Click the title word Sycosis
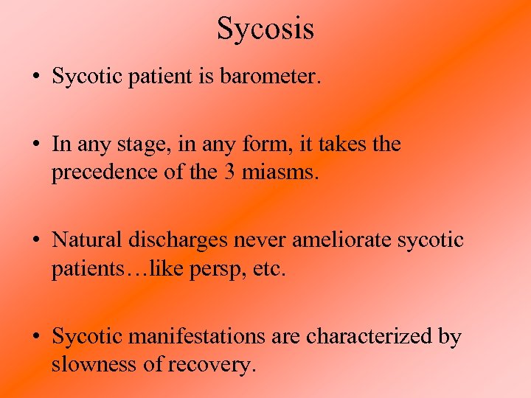265,29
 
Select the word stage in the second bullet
136,144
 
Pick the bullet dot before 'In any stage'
37,145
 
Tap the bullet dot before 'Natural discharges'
37,241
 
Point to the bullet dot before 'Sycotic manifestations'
37,338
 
